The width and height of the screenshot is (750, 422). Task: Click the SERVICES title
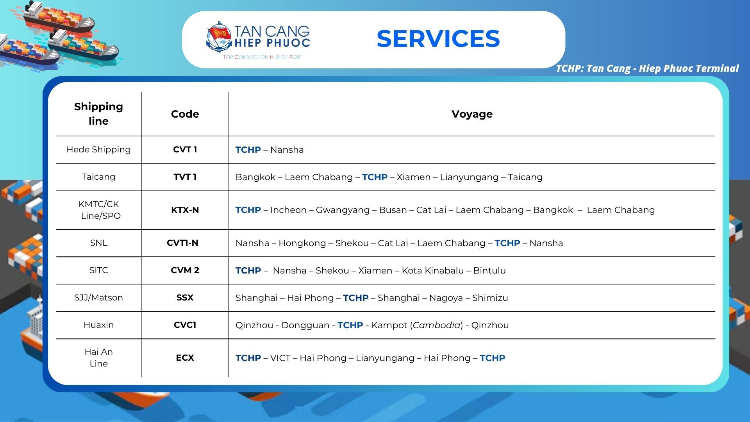pos(438,39)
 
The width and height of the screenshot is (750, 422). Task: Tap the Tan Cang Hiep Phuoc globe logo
pos(219,36)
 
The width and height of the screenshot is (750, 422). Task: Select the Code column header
pos(185,114)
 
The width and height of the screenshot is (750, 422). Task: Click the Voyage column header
pos(472,114)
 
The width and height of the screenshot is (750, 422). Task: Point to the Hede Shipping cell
pos(98,149)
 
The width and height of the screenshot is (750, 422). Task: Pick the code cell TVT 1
pos(185,177)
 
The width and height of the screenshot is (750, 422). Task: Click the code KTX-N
pos(185,210)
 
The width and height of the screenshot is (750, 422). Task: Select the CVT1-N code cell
pos(182,243)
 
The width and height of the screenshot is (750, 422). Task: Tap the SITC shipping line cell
pos(98,270)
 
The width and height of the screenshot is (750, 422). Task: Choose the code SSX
pos(185,297)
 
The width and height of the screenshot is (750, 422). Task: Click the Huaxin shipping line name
pos(98,325)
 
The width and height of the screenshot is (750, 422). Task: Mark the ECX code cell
pos(185,358)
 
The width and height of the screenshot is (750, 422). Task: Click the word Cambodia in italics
pos(437,325)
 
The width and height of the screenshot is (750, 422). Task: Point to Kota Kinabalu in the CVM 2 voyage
pos(433,270)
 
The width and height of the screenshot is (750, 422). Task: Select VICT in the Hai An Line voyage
pos(280,358)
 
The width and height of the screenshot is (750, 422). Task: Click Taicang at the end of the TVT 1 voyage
pos(525,177)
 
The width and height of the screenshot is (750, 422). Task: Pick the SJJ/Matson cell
pos(98,297)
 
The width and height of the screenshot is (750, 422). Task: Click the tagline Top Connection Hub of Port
pos(262,57)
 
